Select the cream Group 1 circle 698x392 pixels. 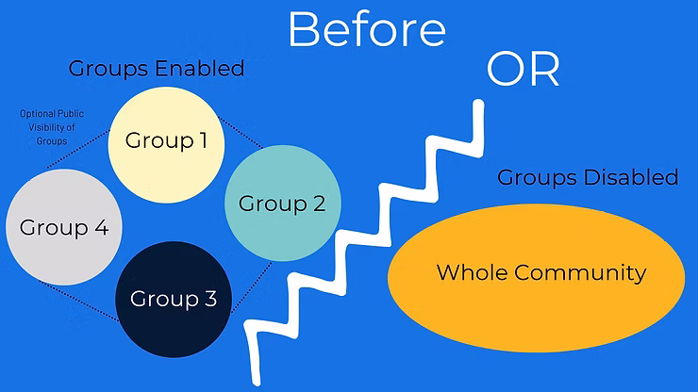(166, 141)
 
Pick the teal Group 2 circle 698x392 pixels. (281, 202)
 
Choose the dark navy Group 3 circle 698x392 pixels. (174, 299)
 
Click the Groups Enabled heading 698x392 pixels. (157, 69)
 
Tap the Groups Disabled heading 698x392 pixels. (588, 176)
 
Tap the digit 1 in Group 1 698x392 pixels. (202, 141)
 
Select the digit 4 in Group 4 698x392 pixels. (100, 228)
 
